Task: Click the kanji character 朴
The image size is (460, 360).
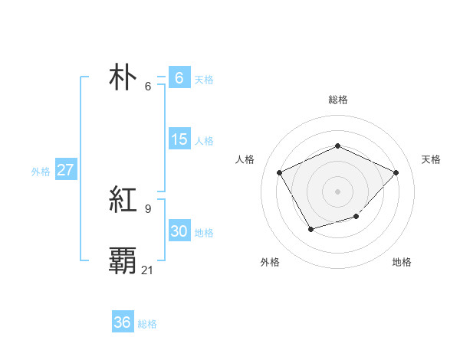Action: pyautogui.click(x=123, y=78)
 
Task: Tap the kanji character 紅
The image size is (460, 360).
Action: pyautogui.click(x=123, y=201)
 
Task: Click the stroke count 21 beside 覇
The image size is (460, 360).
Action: pyautogui.click(x=148, y=270)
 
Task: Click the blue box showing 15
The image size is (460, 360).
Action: pyautogui.click(x=179, y=139)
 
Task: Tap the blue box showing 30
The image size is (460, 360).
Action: pyautogui.click(x=179, y=231)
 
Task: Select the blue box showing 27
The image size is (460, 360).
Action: pyautogui.click(x=66, y=170)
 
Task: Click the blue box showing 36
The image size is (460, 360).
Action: pyautogui.click(x=123, y=322)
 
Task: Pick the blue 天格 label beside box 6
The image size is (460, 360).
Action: pyautogui.click(x=204, y=80)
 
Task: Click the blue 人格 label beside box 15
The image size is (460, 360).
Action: pyautogui.click(x=204, y=141)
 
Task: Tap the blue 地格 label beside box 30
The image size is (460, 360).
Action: pyautogui.click(x=204, y=233)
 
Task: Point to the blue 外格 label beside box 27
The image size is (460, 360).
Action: pyautogui.click(x=41, y=172)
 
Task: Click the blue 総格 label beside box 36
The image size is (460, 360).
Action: pyautogui.click(x=147, y=324)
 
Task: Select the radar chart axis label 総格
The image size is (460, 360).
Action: pyautogui.click(x=337, y=100)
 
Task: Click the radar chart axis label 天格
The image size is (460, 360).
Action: pyautogui.click(x=432, y=159)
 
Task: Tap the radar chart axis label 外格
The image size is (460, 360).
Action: pyautogui.click(x=270, y=263)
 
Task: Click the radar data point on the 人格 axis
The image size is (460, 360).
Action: pyautogui.click(x=280, y=172)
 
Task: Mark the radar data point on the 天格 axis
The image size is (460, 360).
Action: pyautogui.click(x=396, y=172)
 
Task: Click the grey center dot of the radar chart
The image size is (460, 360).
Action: pyautogui.click(x=337, y=191)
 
